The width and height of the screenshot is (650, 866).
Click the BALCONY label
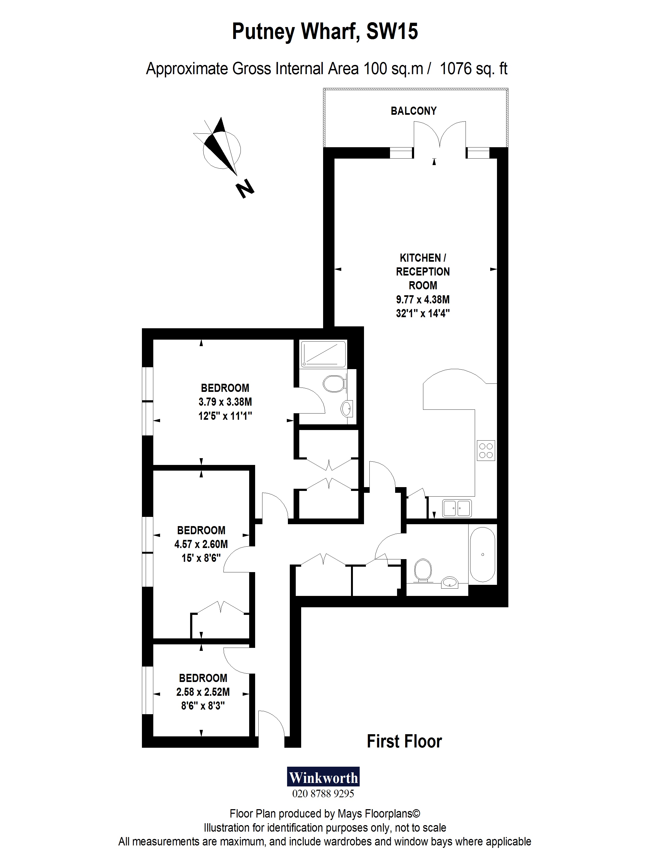click(x=413, y=111)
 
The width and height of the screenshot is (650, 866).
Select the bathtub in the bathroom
click(x=482, y=554)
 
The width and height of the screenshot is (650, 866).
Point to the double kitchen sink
click(x=457, y=508)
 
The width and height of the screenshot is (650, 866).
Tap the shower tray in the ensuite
click(x=323, y=354)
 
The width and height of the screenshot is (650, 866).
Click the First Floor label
click(x=404, y=742)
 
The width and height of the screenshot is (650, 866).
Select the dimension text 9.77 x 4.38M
click(x=423, y=300)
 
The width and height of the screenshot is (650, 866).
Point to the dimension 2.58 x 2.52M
click(x=203, y=692)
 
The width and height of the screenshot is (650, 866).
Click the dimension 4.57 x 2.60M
click(x=201, y=544)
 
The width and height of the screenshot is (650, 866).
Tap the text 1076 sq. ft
click(x=474, y=69)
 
